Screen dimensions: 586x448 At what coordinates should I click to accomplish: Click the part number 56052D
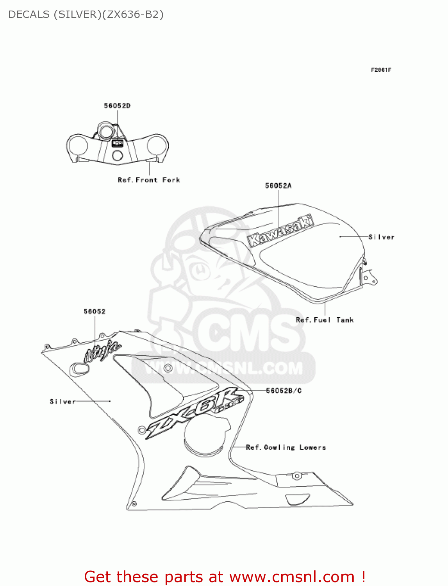pyautogui.click(x=117, y=106)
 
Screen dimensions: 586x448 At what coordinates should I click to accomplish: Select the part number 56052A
pyautogui.click(x=278, y=186)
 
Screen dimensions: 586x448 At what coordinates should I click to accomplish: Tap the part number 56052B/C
pyautogui.click(x=284, y=391)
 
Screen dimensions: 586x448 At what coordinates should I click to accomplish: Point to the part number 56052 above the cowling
pyautogui.click(x=95, y=311)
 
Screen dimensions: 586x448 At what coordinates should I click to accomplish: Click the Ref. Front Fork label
pyautogui.click(x=149, y=180)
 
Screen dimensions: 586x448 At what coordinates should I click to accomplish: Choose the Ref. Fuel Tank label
pyautogui.click(x=325, y=320)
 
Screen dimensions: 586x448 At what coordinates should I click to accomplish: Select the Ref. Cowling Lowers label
pyautogui.click(x=286, y=447)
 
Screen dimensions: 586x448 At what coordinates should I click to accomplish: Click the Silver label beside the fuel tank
pyautogui.click(x=381, y=237)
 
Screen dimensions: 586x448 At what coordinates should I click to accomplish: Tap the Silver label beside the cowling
pyautogui.click(x=62, y=402)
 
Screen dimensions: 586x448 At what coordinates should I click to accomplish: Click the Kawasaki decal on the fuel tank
pyautogui.click(x=280, y=231)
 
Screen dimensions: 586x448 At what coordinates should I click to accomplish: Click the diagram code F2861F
pyautogui.click(x=381, y=70)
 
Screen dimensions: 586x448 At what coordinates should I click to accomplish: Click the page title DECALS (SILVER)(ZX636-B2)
pyautogui.click(x=86, y=14)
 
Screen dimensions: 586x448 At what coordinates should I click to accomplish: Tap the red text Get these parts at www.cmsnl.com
pyautogui.click(x=225, y=577)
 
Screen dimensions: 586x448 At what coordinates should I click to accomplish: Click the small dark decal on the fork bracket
pyautogui.click(x=118, y=143)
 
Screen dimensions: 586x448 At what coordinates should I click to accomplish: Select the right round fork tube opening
pyautogui.click(x=157, y=145)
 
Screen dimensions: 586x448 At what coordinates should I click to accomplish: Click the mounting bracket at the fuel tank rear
pyautogui.click(x=369, y=278)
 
